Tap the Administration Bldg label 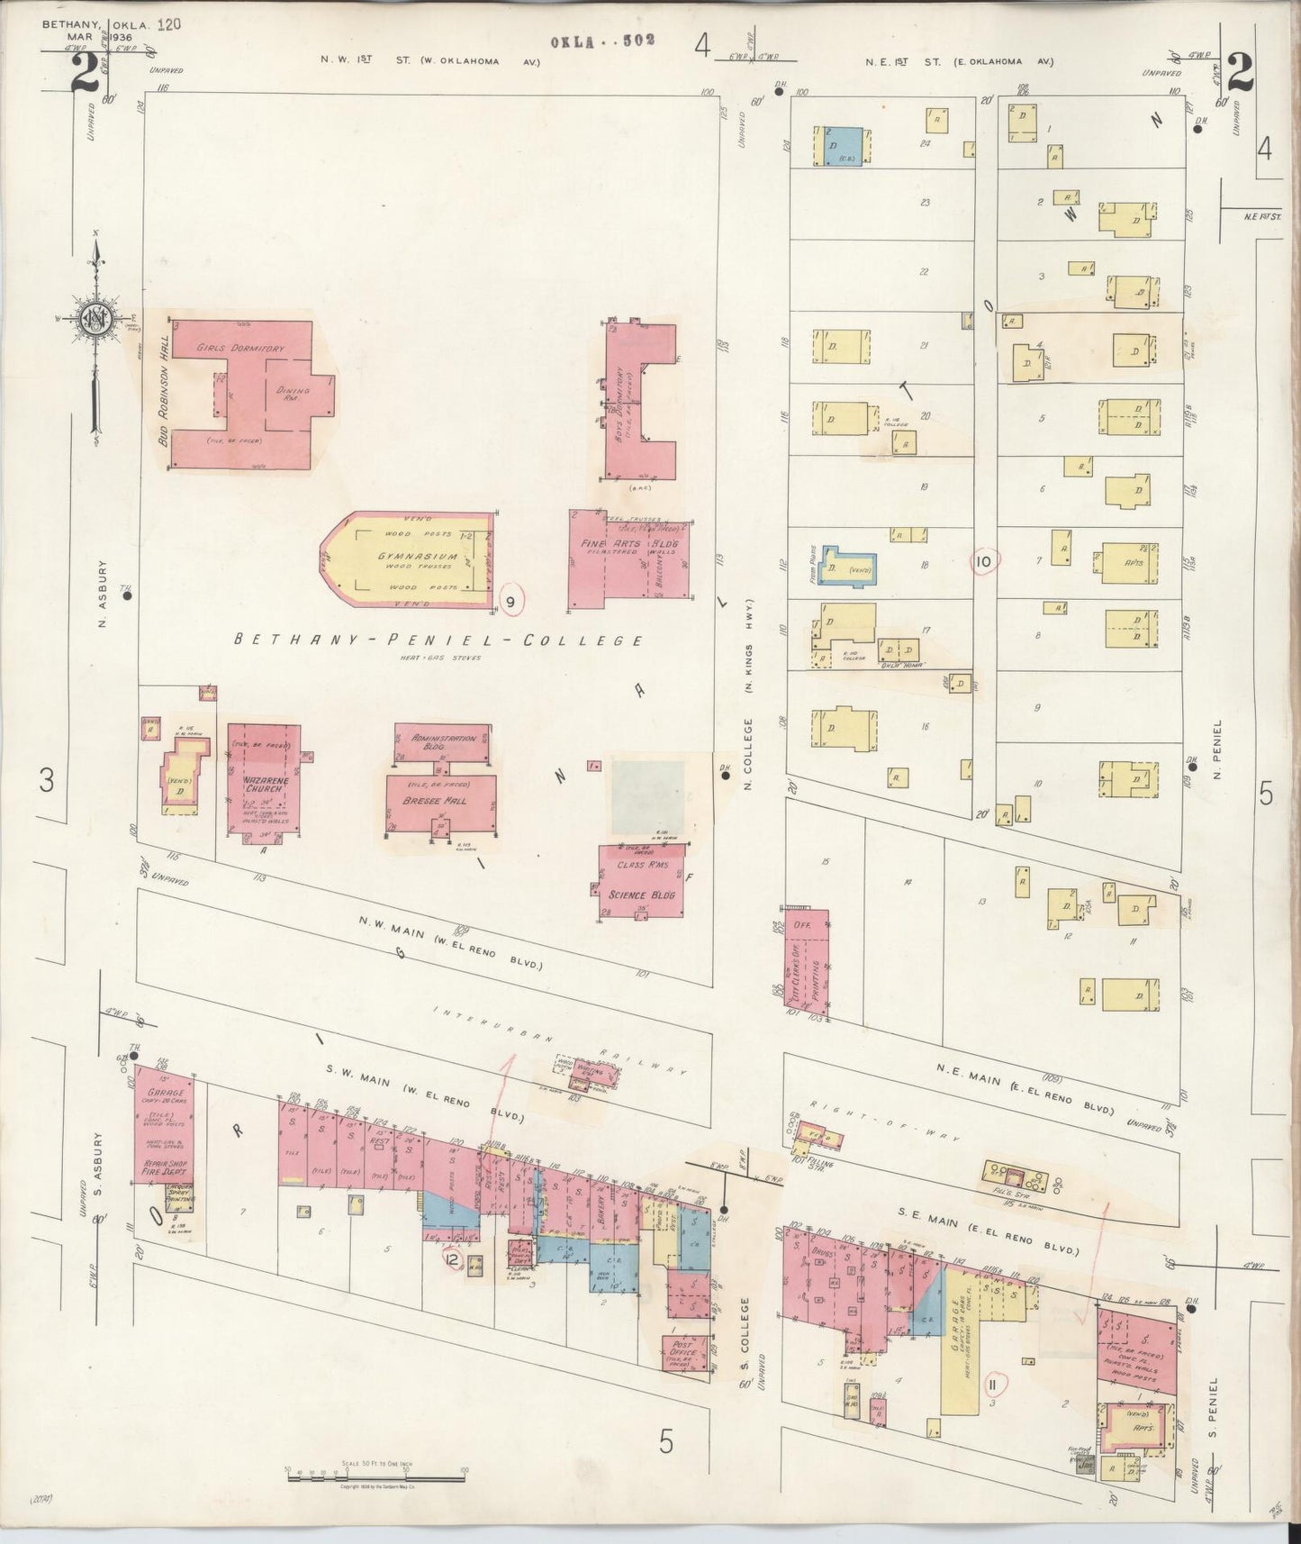pos(443,743)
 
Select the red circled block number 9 pos(511,601)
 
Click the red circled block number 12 pos(453,1258)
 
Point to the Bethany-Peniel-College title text pos(438,640)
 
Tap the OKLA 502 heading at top pos(602,41)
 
